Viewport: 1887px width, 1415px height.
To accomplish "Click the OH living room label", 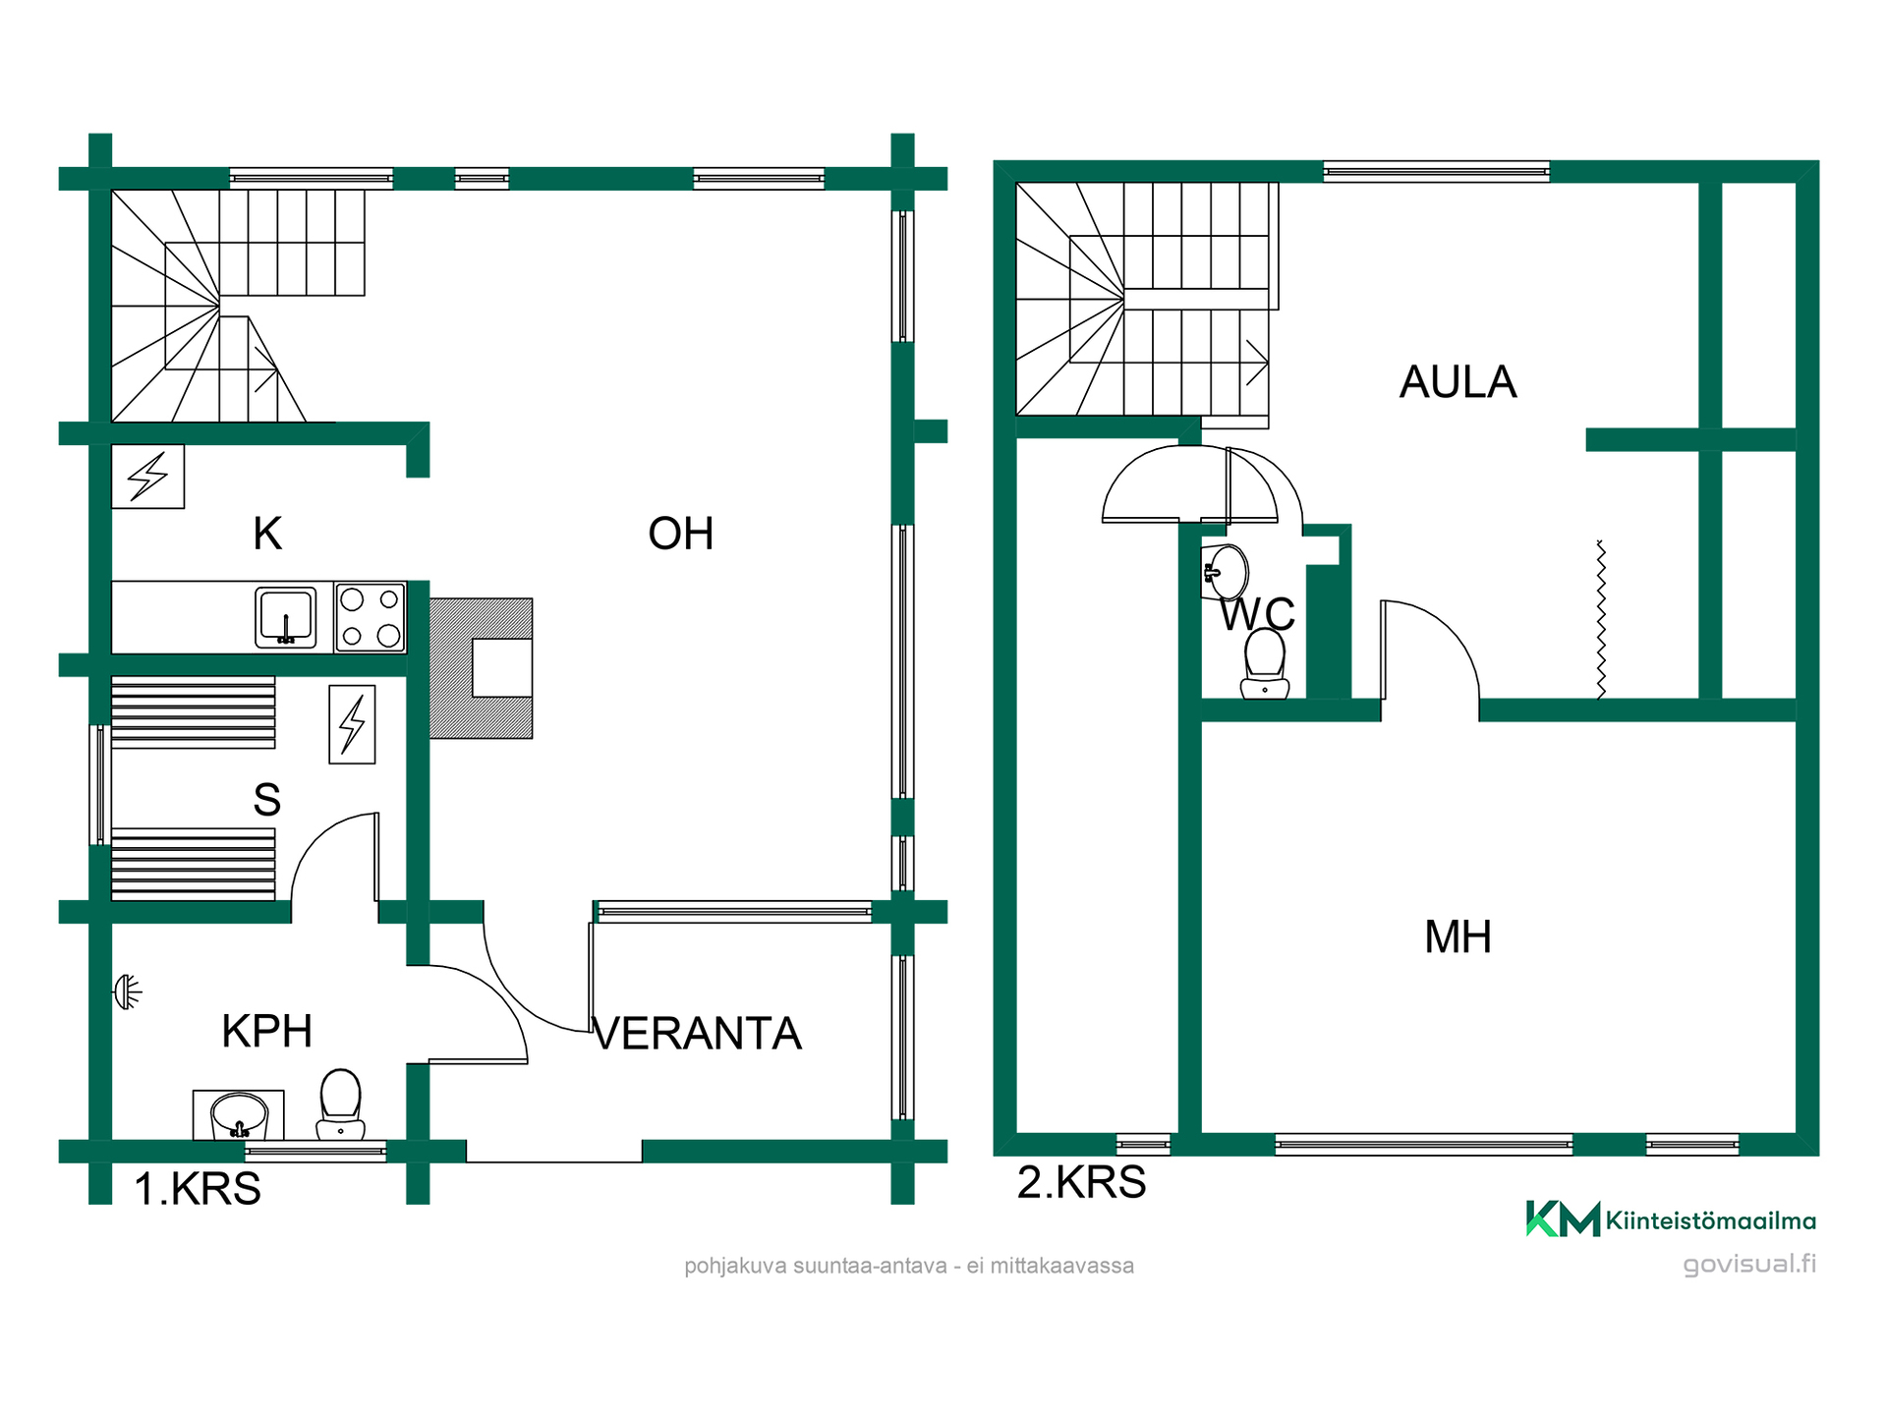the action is tap(680, 534).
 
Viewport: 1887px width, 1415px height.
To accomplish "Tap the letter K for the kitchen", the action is tap(267, 534).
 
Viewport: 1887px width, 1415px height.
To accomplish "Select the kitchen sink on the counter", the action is tap(286, 617).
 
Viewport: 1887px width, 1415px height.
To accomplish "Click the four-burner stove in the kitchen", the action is tap(371, 617).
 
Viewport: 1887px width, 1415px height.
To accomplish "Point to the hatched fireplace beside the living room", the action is tap(482, 668).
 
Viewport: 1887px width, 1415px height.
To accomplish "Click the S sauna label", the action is tap(267, 800).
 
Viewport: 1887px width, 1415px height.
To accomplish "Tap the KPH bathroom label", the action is tap(266, 1032).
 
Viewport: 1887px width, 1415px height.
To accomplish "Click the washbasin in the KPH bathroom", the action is tap(239, 1115).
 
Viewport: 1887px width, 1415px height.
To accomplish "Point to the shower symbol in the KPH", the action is tap(128, 991).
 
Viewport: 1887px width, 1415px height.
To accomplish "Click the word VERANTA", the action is tap(698, 1034).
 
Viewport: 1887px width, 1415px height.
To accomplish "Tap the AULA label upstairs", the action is tap(1458, 382).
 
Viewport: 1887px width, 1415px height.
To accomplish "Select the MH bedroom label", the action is tap(1458, 937).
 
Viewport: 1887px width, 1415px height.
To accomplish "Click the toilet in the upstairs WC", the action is tap(1265, 663).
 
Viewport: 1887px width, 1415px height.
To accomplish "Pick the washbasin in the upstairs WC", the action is tap(1225, 571).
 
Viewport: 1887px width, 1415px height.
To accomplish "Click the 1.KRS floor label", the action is tap(198, 1189).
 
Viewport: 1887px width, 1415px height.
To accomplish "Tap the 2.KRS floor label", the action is tap(1081, 1182).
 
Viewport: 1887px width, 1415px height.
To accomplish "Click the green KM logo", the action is tap(1563, 1219).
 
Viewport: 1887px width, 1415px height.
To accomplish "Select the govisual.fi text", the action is tap(1749, 1264).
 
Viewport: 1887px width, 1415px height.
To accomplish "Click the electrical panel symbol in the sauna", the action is tap(352, 724).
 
